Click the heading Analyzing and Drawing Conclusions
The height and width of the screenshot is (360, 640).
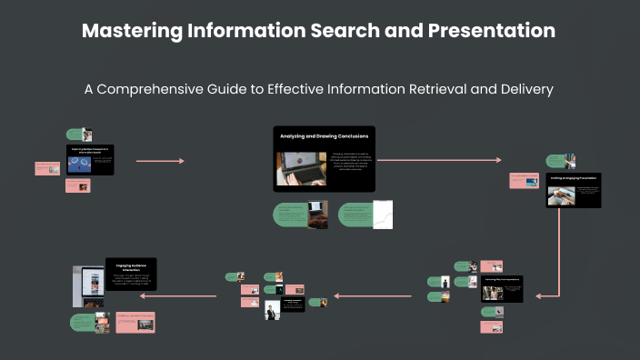coord(324,136)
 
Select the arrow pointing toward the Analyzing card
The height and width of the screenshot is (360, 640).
coord(160,161)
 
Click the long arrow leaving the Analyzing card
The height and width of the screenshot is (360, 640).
coord(439,160)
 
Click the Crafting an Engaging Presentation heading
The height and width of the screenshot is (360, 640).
coord(573,180)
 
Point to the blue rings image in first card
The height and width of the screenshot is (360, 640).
coord(78,164)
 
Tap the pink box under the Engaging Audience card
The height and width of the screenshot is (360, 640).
coord(135,320)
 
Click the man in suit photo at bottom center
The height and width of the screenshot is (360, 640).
coord(271,310)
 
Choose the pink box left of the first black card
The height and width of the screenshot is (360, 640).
coord(47,167)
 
